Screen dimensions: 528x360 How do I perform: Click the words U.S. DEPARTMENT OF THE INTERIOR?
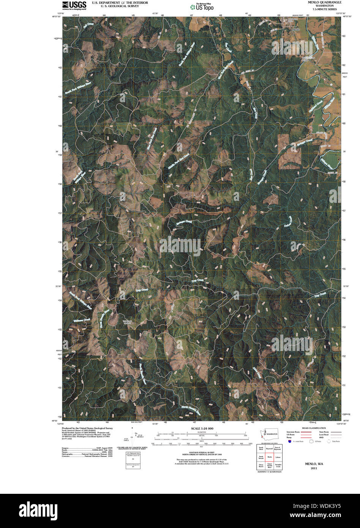pos(120,2)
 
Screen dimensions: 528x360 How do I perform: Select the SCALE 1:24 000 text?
pos(199,428)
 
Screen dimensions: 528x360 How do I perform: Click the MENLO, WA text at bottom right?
pos(314,464)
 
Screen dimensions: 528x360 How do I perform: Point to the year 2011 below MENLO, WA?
pos(314,468)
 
